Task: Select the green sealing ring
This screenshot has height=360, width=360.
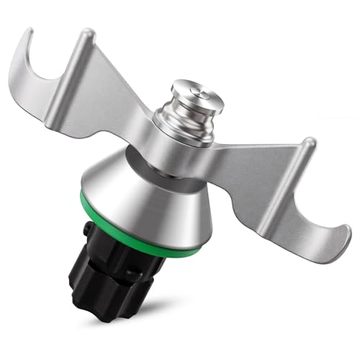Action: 144,237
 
